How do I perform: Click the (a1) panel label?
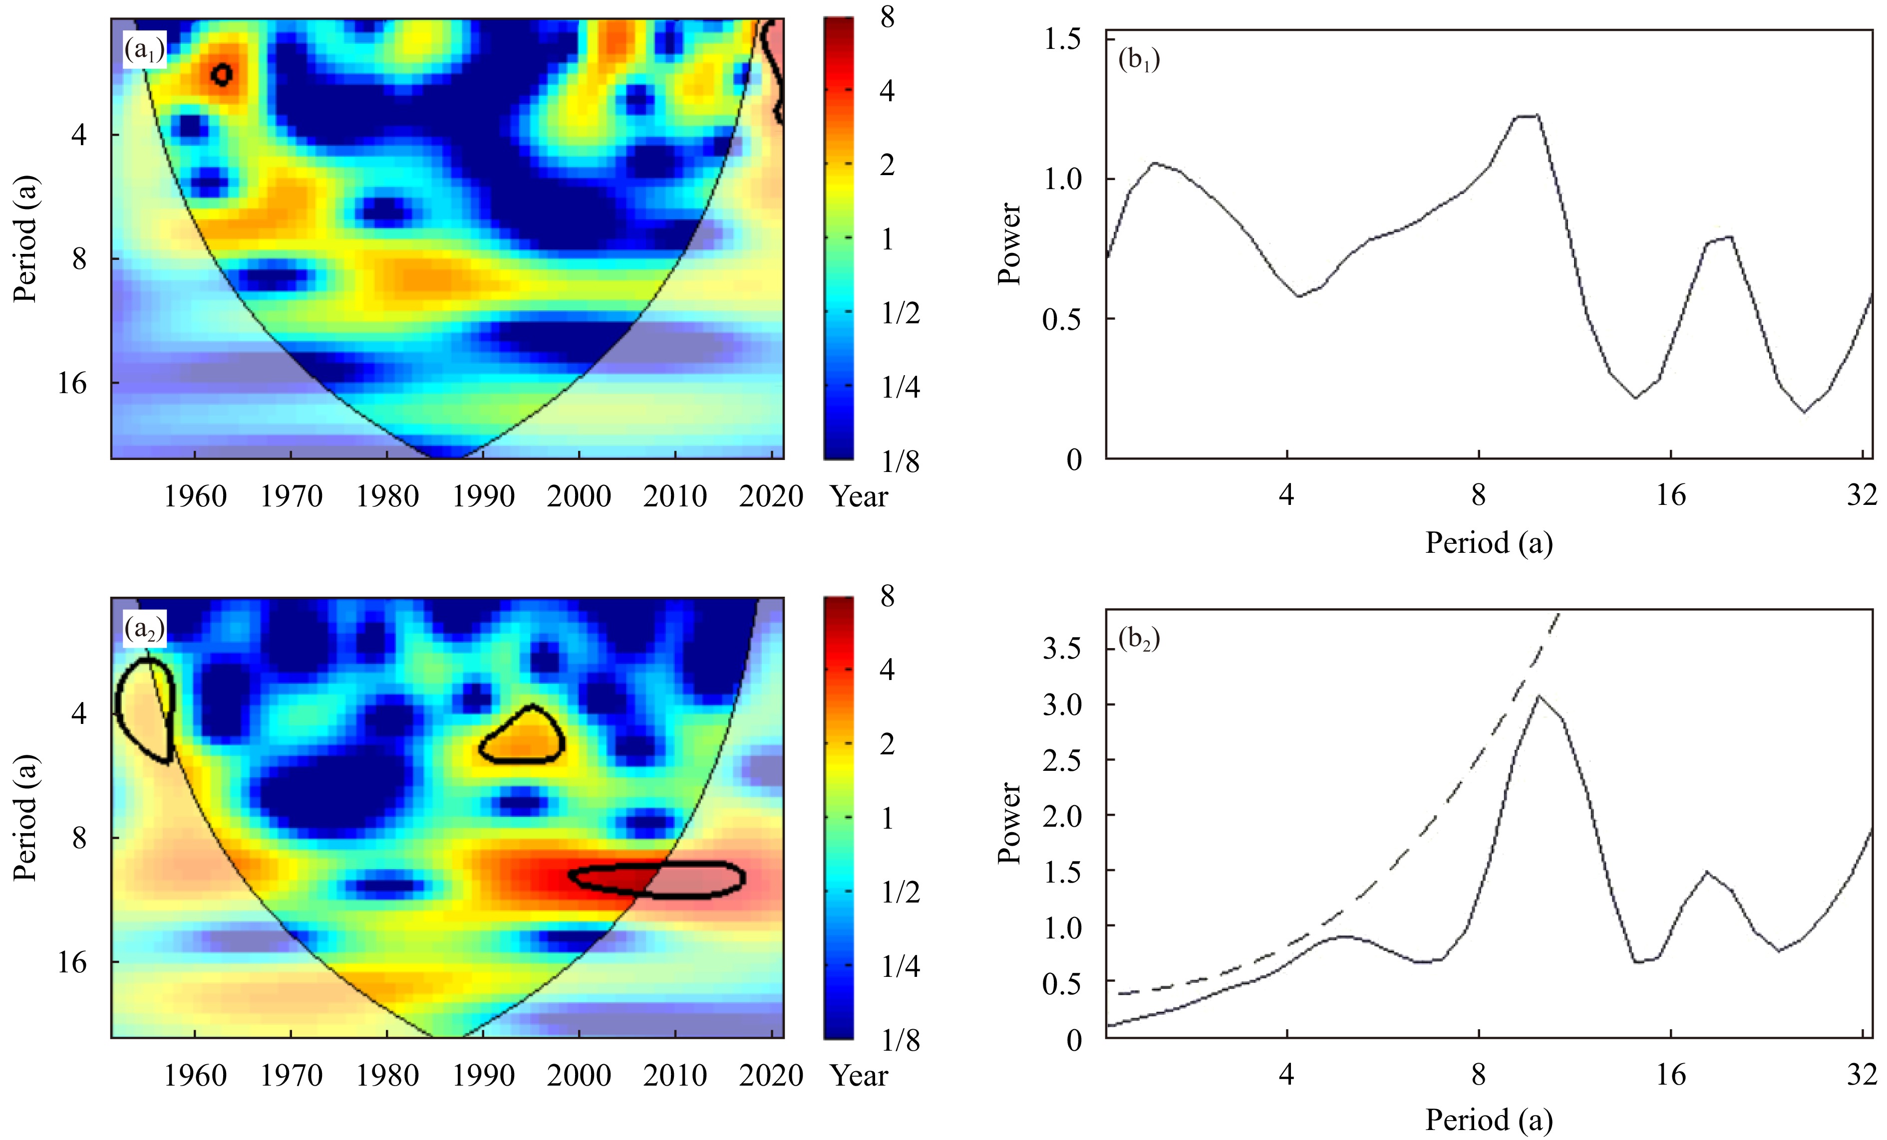click(x=144, y=50)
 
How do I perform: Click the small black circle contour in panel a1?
click(x=222, y=74)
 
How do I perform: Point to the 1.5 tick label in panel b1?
click(x=1062, y=39)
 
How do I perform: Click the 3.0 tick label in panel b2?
click(x=1062, y=704)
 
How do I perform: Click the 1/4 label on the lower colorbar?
click(x=900, y=966)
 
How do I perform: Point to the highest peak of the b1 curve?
click(x=1526, y=116)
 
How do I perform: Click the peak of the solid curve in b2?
click(x=1539, y=696)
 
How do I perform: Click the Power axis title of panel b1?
click(x=1009, y=243)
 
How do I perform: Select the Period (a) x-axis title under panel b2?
click(x=1488, y=1120)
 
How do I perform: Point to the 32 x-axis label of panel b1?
click(x=1862, y=495)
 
